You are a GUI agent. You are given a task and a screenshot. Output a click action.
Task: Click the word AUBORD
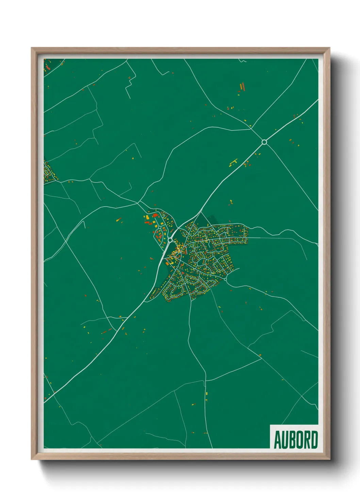click(x=296, y=440)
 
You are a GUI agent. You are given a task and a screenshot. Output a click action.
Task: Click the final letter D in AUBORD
click(x=314, y=440)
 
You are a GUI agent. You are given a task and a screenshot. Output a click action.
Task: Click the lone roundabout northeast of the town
click(x=264, y=142)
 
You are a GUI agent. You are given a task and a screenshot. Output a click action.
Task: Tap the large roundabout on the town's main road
click(x=170, y=240)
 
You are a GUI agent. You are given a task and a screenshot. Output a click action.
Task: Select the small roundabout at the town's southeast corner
click(x=225, y=279)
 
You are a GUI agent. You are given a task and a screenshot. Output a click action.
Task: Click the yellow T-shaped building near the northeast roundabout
click(x=233, y=162)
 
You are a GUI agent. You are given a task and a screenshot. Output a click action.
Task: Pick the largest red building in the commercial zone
click(x=158, y=235)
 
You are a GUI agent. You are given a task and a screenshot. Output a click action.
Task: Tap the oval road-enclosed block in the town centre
click(x=201, y=262)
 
